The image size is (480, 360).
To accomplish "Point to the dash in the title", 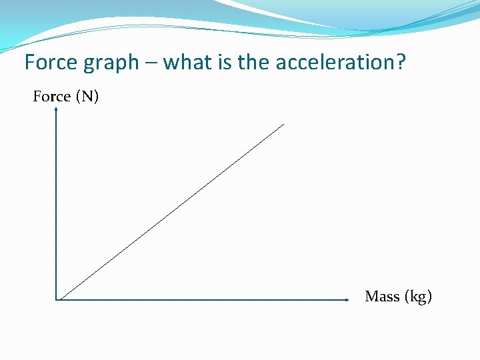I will pyautogui.click(x=151, y=63).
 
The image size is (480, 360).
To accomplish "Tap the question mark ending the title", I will pyautogui.click(x=400, y=63).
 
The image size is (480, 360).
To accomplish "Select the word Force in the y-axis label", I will pyautogui.click(x=52, y=97).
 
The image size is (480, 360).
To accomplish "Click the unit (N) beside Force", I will pyautogui.click(x=87, y=97).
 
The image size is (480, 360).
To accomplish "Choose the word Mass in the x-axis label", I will pyautogui.click(x=382, y=296).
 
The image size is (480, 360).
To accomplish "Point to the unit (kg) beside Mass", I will pyautogui.click(x=418, y=297).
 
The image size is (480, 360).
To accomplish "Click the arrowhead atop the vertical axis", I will pyautogui.click(x=57, y=111).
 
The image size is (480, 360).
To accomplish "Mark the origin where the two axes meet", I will pyautogui.click(x=57, y=300).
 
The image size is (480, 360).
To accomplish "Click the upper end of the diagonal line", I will pyautogui.click(x=283, y=124).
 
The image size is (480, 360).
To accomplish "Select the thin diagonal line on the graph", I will pyautogui.click(x=171, y=212).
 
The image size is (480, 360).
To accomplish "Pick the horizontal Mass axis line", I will pyautogui.click(x=200, y=300).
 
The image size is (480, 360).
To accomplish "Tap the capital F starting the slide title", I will pyautogui.click(x=29, y=63).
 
